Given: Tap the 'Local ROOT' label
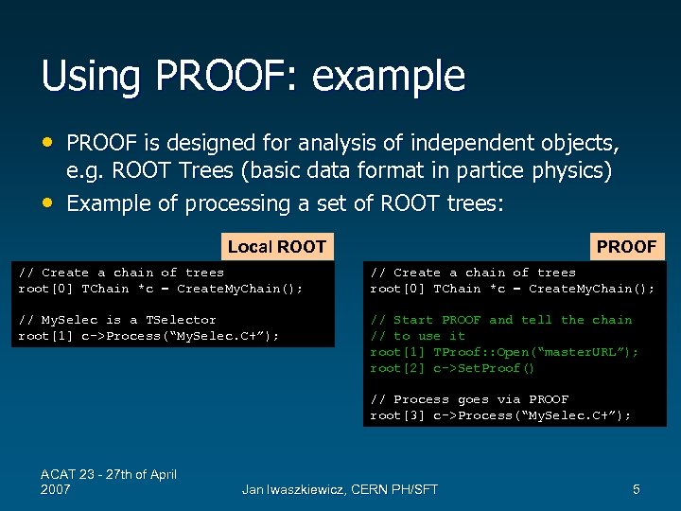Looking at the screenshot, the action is (x=276, y=247).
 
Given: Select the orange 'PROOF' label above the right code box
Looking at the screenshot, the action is (x=626, y=247).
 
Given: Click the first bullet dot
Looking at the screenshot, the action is (x=48, y=143).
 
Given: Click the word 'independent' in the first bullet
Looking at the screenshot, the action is (x=444, y=144).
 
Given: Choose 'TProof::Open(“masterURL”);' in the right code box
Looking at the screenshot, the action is (x=536, y=352).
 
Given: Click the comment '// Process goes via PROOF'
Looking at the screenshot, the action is (x=469, y=399).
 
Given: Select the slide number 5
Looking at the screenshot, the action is (x=637, y=489).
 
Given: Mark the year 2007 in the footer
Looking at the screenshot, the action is (x=56, y=489).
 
